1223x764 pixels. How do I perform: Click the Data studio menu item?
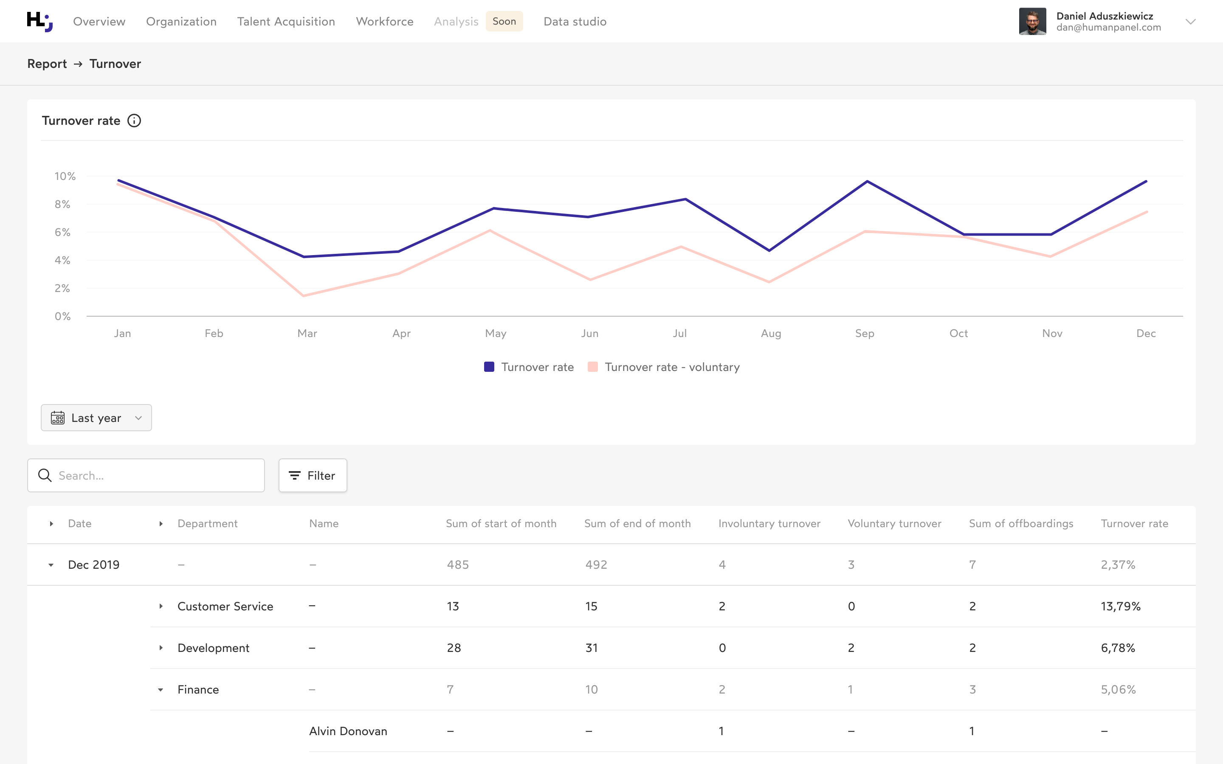pyautogui.click(x=575, y=22)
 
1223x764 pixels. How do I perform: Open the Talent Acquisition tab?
pyautogui.click(x=286, y=22)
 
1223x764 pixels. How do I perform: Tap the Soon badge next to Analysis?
pyautogui.click(x=504, y=21)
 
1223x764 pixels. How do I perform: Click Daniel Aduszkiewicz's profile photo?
pyautogui.click(x=1032, y=21)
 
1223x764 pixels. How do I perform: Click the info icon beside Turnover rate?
pyautogui.click(x=134, y=121)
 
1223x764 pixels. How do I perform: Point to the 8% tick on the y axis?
pyautogui.click(x=63, y=204)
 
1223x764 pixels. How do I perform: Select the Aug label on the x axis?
pyautogui.click(x=771, y=334)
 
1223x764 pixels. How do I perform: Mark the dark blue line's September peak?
pyautogui.click(x=867, y=181)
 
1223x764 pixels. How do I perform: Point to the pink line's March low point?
pyautogui.click(x=304, y=295)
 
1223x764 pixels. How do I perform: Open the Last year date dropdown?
pyautogui.click(x=96, y=418)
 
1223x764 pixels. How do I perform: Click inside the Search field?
pyautogui.click(x=152, y=475)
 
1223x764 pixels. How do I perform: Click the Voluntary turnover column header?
pyautogui.click(x=894, y=523)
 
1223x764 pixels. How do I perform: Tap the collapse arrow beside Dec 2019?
pyautogui.click(x=51, y=565)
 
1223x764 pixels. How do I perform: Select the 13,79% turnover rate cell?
pyautogui.click(x=1120, y=607)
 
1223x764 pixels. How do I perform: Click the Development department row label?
pyautogui.click(x=213, y=648)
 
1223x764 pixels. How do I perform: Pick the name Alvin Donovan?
pyautogui.click(x=348, y=731)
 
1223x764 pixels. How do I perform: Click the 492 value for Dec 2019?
pyautogui.click(x=596, y=565)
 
